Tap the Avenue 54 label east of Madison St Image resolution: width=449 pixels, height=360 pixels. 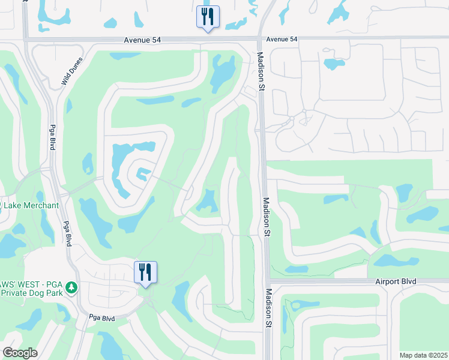(282, 39)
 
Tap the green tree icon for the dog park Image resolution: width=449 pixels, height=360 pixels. (72, 288)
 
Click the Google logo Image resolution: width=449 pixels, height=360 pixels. (20, 353)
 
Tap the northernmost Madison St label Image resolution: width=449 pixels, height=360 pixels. (261, 71)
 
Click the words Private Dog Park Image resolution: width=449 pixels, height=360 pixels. (31, 293)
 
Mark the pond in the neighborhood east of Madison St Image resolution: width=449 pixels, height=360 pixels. (331, 64)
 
